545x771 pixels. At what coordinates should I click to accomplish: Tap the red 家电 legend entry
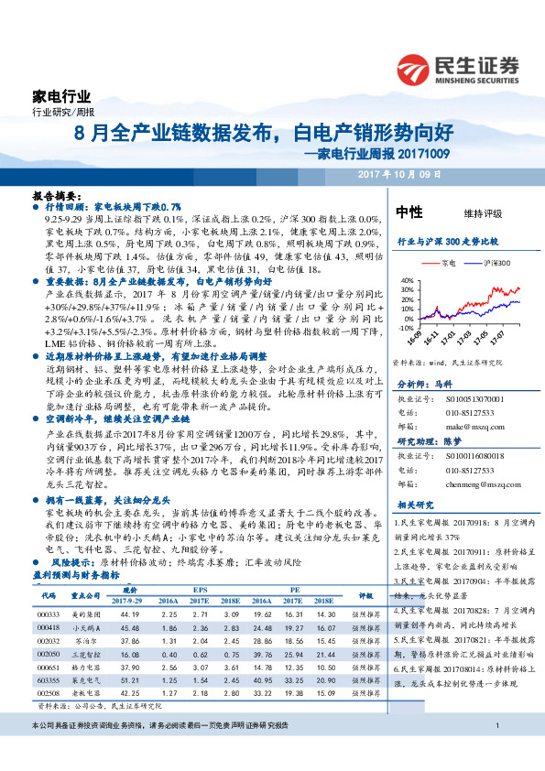tap(443, 263)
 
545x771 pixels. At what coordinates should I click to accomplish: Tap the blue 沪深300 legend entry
tap(493, 263)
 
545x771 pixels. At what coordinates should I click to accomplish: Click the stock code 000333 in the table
tap(48, 614)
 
